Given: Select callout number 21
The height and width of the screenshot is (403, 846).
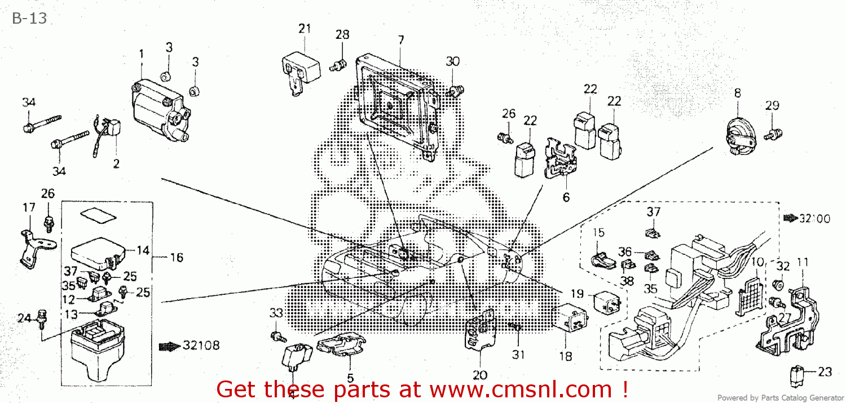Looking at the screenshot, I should click(x=305, y=29).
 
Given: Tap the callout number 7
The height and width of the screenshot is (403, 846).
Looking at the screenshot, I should click(x=401, y=40).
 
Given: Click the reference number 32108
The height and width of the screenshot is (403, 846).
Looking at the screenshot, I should click(x=200, y=346).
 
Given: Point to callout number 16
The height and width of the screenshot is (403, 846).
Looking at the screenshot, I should click(x=176, y=258).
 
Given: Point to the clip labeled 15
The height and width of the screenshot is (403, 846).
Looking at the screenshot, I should click(x=603, y=259).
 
